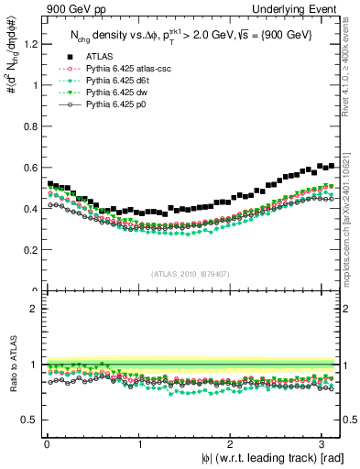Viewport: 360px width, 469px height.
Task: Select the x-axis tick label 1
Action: pos(139,443)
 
